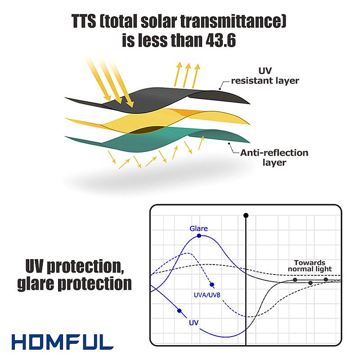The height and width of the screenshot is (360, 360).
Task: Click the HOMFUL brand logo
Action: click(x=63, y=342)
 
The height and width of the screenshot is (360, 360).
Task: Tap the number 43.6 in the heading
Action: click(x=220, y=40)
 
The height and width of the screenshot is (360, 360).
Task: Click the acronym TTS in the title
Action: click(x=84, y=21)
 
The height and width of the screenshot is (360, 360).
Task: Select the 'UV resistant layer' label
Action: click(x=265, y=76)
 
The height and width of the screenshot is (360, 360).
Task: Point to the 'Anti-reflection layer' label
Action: click(x=274, y=157)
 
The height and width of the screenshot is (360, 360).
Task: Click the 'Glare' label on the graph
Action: click(x=198, y=229)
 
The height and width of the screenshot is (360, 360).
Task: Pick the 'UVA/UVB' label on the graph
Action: click(x=207, y=295)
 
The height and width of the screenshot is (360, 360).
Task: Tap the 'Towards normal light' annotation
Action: click(x=310, y=265)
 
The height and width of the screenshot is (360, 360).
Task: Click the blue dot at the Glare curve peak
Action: click(x=199, y=236)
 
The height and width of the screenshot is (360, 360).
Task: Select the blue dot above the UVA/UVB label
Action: click(x=212, y=285)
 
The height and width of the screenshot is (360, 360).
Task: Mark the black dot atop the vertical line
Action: click(x=246, y=216)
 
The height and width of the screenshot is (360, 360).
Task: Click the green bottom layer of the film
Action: click(x=156, y=139)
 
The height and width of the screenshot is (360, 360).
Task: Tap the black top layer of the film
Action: click(x=156, y=99)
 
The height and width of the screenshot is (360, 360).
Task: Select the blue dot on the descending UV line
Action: click(x=179, y=311)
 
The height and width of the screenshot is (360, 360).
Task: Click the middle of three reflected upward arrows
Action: click(x=187, y=75)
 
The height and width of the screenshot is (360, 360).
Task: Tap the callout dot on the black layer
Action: click(x=220, y=89)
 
